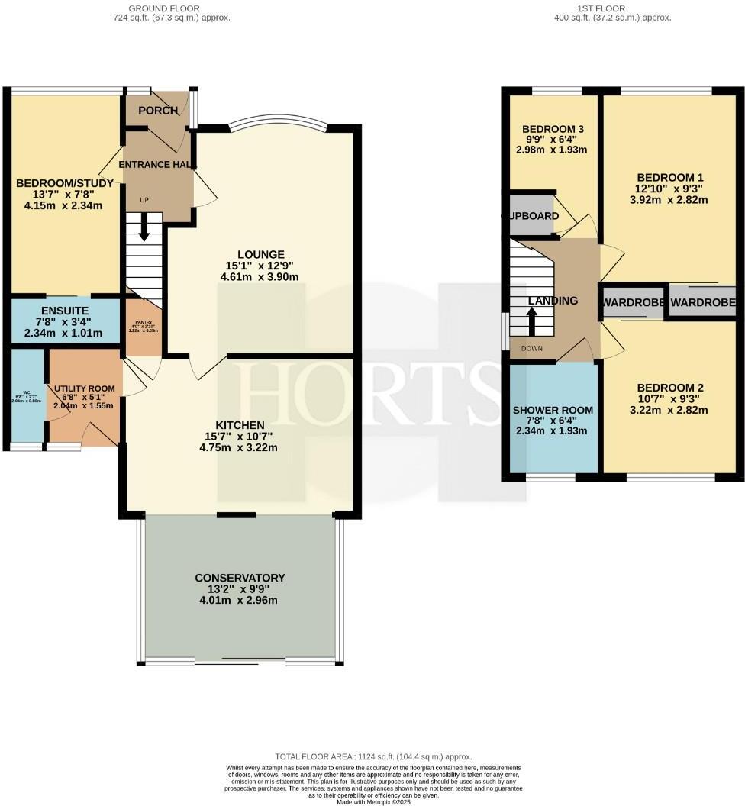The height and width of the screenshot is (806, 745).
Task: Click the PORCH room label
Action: (158, 111)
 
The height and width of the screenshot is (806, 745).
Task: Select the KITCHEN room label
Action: (240, 425)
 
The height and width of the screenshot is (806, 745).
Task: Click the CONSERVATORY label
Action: (240, 578)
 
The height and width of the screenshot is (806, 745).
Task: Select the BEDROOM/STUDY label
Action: (65, 183)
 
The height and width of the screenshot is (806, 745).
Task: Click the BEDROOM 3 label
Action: (553, 129)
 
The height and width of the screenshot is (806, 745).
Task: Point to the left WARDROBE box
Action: (633, 303)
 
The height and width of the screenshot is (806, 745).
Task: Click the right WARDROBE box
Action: (703, 303)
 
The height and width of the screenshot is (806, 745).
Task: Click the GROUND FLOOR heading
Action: (163, 8)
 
